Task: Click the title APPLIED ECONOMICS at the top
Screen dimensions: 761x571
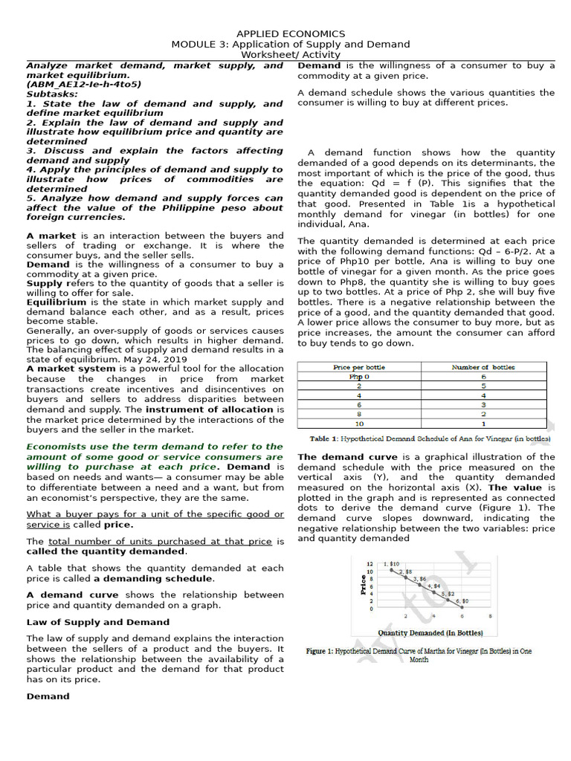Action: [x=291, y=33]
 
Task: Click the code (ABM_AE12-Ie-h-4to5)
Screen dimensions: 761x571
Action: [x=83, y=85]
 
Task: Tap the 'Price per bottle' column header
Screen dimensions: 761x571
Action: [x=359, y=367]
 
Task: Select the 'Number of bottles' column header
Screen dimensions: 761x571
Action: [x=483, y=367]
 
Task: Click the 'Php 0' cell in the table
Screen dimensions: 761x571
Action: [x=359, y=377]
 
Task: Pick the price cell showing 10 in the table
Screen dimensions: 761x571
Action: [x=359, y=424]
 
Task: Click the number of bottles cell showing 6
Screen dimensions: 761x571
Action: [x=483, y=377]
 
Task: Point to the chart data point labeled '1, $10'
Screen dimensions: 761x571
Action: [x=392, y=570]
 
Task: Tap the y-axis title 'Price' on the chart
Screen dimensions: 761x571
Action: [x=363, y=583]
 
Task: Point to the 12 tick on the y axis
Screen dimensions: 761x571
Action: [x=370, y=564]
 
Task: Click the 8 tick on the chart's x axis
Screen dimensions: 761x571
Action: [x=489, y=616]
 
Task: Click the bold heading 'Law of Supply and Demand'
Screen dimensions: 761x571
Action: [x=98, y=622]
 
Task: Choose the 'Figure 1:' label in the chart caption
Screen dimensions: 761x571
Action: [x=319, y=651]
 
